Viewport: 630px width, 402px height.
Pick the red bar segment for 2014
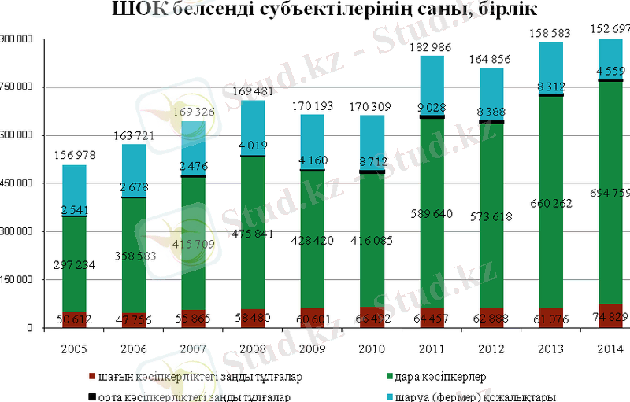[610, 315]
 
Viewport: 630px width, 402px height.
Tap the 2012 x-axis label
[491, 349]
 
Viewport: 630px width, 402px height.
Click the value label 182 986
[431, 49]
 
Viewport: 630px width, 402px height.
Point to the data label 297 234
[74, 265]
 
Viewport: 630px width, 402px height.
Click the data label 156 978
[74, 156]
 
